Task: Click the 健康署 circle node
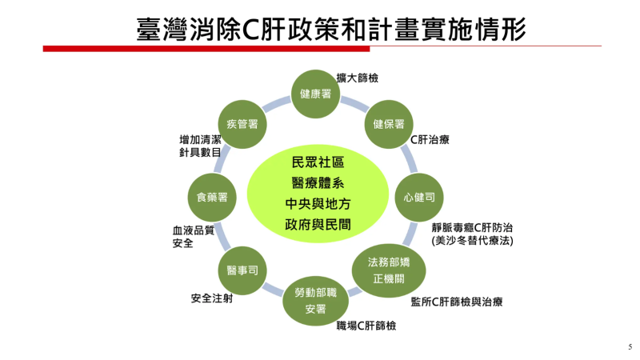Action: click(315, 94)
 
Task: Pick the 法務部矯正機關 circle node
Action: click(388, 270)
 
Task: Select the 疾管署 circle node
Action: click(242, 124)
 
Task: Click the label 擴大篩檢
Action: click(358, 78)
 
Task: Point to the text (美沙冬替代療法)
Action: click(472, 240)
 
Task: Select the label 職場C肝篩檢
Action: click(366, 325)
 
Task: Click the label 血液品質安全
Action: click(189, 236)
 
